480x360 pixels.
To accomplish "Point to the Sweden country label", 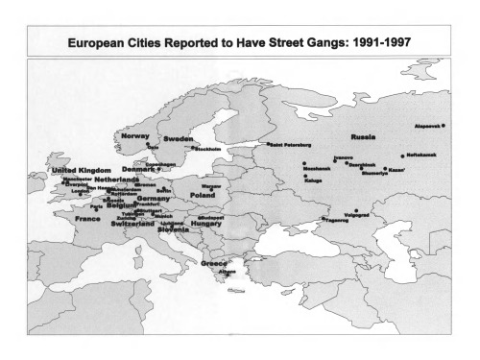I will point(178,139).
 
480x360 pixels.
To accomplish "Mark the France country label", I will point(88,219).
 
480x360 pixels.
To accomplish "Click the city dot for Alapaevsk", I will point(444,126).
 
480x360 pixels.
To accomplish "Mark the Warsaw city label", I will point(212,185).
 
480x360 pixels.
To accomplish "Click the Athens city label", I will point(228,272).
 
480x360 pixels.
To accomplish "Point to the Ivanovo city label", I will point(343,156).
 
